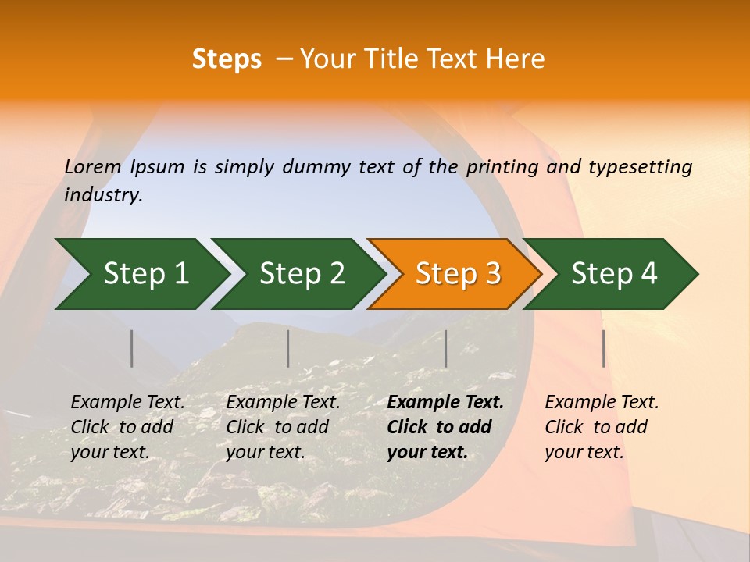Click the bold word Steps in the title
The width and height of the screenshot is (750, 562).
[227, 59]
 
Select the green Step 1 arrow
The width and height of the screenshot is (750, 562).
[141, 274]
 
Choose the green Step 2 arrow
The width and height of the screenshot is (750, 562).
[298, 274]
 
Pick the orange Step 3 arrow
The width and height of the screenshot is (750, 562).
[455, 274]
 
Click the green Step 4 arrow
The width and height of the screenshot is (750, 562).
[611, 274]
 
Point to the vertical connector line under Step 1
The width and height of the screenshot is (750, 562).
[132, 348]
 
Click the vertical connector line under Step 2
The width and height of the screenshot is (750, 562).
[288, 348]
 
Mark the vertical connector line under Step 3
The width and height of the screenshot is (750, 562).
[445, 348]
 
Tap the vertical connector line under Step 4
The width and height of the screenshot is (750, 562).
[603, 348]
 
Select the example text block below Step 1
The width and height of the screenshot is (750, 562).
[127, 427]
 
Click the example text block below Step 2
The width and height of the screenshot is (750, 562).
[283, 427]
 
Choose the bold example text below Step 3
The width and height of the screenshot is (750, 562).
[445, 427]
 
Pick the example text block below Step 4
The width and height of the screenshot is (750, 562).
[602, 427]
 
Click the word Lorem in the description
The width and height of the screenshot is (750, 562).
[93, 166]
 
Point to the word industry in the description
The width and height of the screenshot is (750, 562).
[103, 195]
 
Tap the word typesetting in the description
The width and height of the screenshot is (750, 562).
[640, 167]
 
